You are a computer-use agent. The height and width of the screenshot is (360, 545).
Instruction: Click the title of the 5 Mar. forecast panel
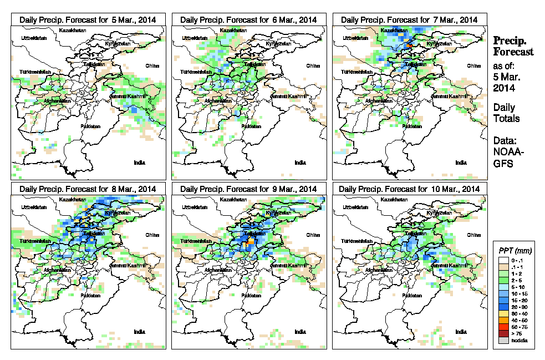point(88,19)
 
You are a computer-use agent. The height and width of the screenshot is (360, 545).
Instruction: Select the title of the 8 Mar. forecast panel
point(88,189)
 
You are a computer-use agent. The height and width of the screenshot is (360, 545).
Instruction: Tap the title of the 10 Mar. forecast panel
point(409,189)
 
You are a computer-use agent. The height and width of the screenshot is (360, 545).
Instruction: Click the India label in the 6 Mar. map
point(300,163)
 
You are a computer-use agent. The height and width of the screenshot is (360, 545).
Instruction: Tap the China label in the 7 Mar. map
point(473,65)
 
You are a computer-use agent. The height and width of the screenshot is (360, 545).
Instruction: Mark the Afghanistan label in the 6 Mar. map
point(218,101)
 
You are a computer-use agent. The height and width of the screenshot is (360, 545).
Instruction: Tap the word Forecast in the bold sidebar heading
point(514,52)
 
